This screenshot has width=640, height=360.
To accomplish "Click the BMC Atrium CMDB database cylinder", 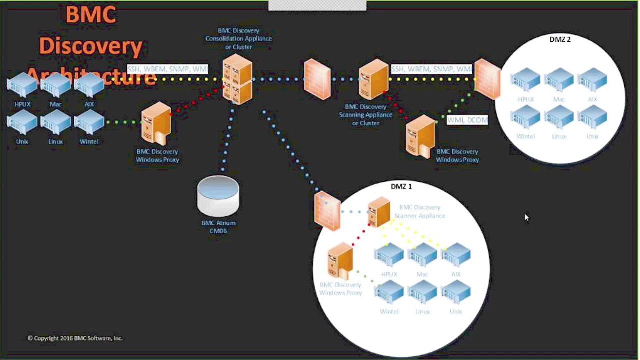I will point(218,196).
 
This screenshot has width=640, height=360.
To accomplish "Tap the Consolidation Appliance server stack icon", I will point(237,79).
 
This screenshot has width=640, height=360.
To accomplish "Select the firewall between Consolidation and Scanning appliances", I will point(317,79).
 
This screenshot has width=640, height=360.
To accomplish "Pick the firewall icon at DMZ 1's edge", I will point(327,211).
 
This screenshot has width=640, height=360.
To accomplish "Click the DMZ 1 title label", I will point(401,186).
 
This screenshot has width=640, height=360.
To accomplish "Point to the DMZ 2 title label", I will point(560,39).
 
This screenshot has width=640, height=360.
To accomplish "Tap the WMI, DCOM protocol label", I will point(467,120).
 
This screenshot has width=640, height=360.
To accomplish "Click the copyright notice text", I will point(75,338).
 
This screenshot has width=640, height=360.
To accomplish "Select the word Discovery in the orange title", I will point(91,46).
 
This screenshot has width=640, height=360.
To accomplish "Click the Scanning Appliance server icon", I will point(374,80).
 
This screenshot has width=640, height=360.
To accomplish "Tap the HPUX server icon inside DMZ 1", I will point(389,255).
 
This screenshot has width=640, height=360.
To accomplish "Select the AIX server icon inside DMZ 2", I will point(592,80).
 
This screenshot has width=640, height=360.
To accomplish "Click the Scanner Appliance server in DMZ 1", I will point(379,212).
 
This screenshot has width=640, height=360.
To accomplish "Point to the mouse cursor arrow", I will point(526,217).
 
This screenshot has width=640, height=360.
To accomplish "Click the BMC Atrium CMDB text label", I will point(218,227).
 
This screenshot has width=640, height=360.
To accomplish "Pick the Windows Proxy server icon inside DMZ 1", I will point(340,261).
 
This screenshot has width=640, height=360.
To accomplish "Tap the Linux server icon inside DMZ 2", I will point(559,118).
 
